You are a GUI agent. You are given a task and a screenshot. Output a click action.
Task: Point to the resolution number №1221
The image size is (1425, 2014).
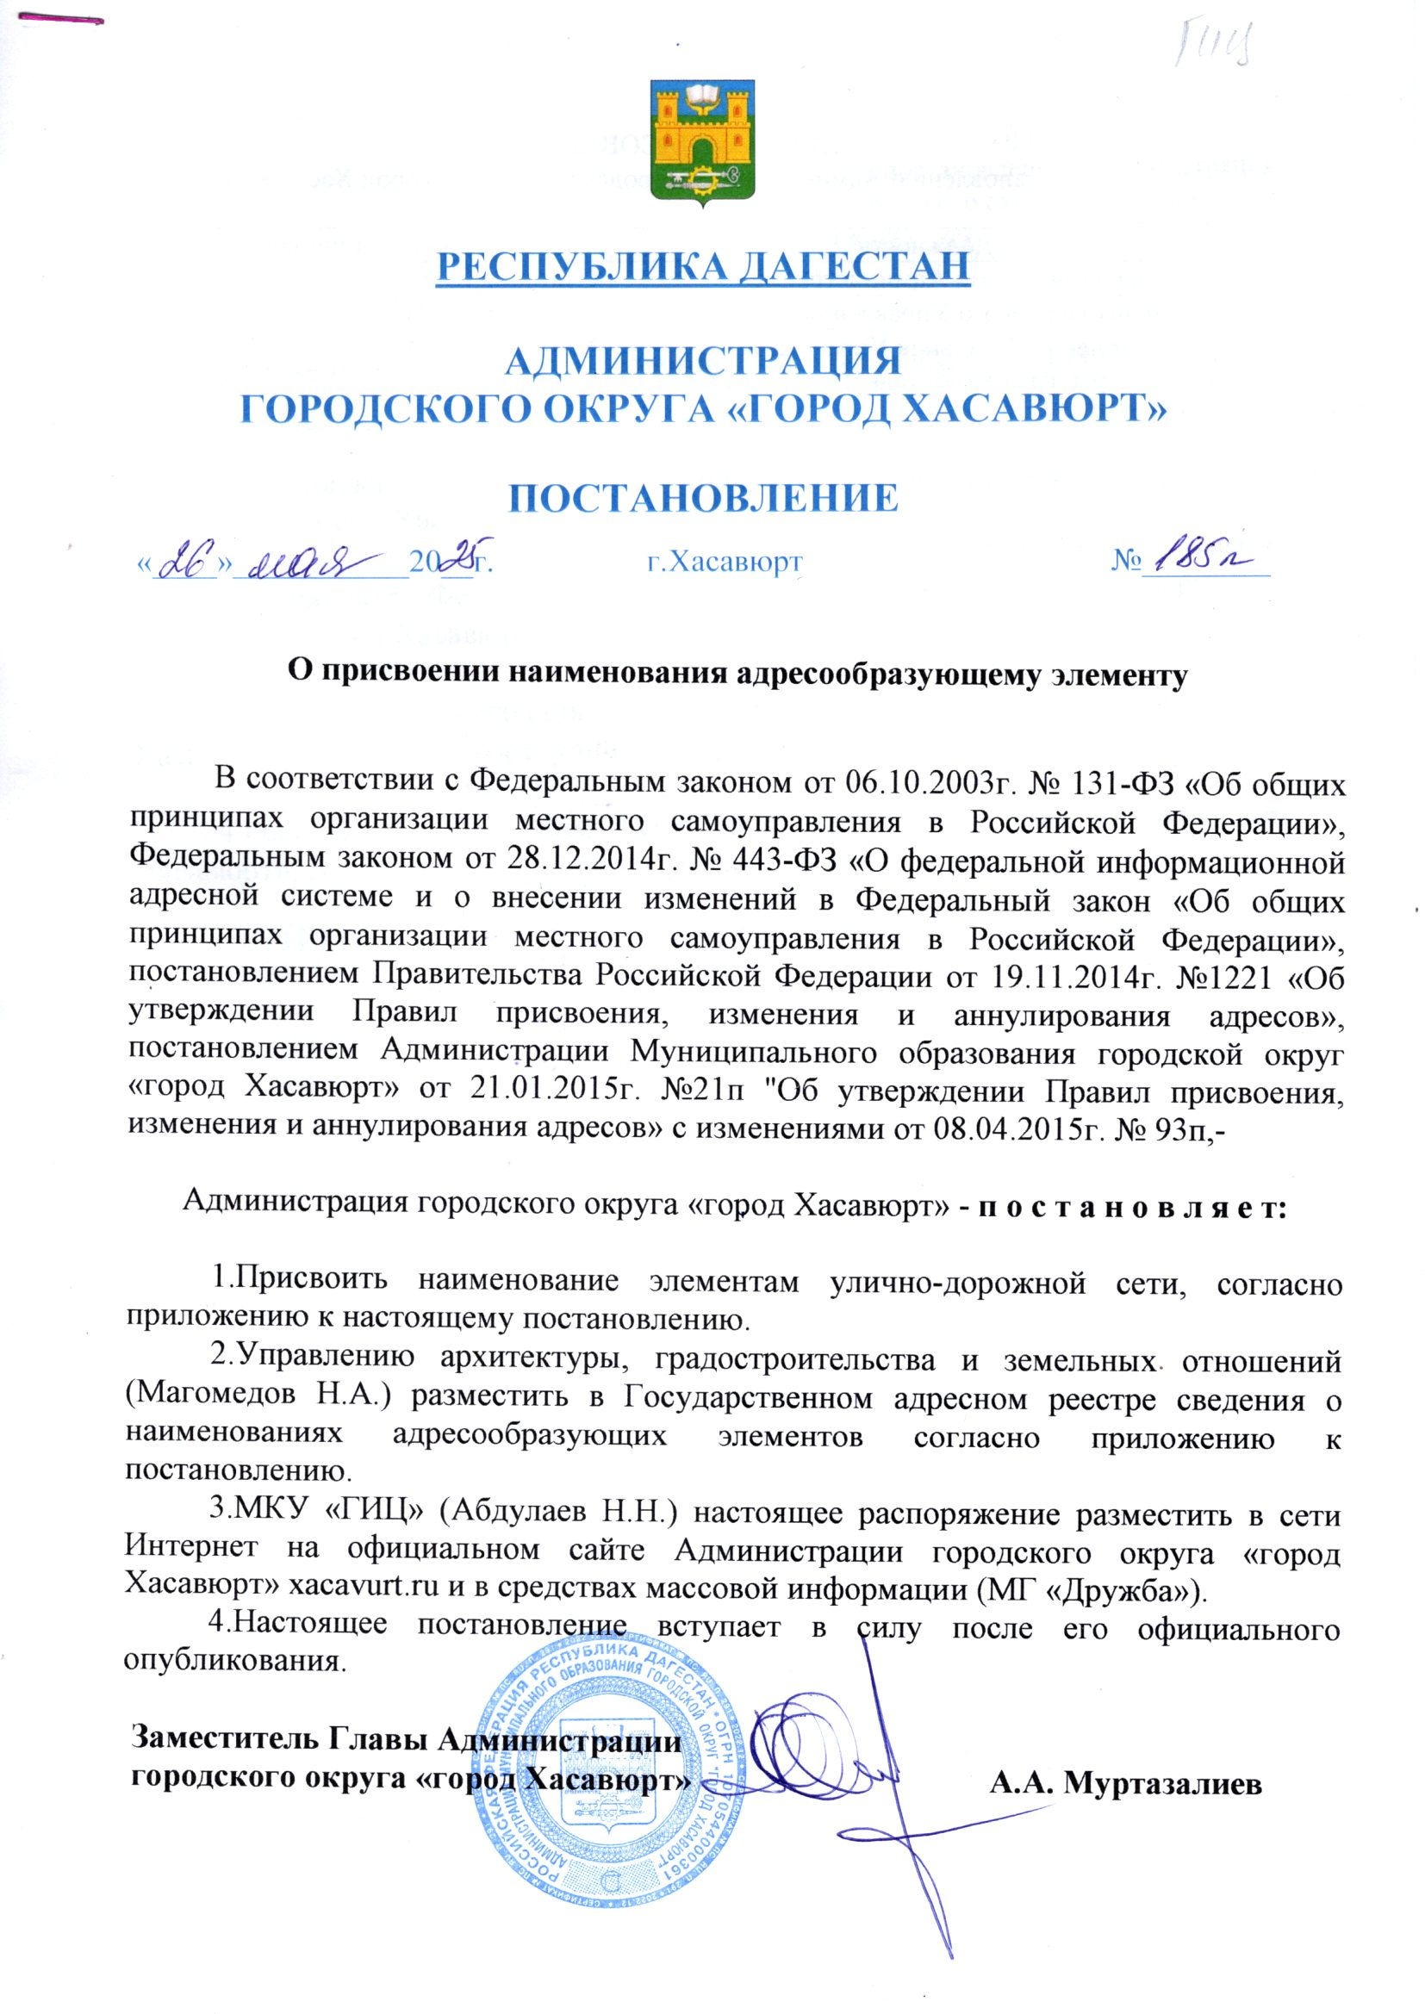[1234, 976]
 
